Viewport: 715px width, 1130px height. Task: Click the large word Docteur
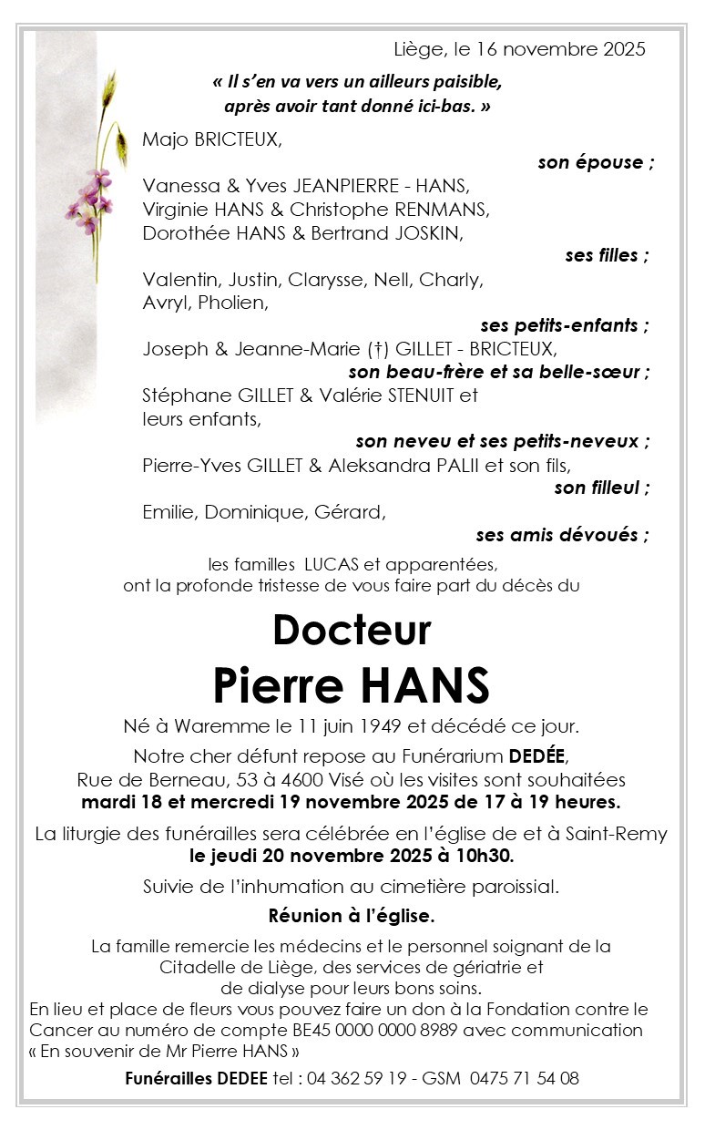[x=352, y=630]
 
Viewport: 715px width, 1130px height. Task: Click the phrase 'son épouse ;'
[x=596, y=162]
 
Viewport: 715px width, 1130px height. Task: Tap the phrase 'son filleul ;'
[x=602, y=488]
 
